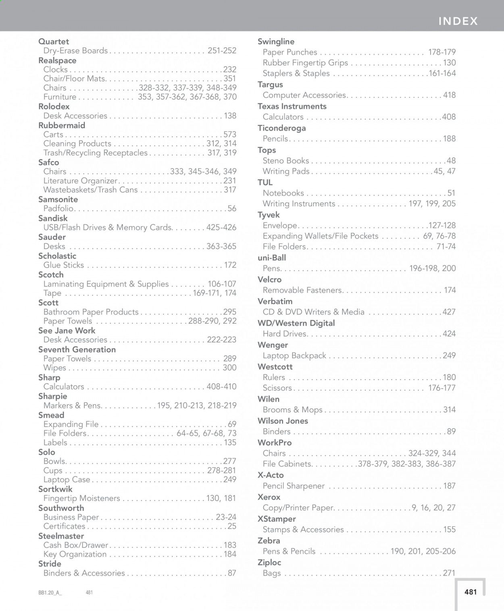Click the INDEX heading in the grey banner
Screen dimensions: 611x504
coord(458,21)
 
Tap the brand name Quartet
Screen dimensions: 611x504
coord(54,42)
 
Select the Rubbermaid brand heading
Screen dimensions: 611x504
coord(62,125)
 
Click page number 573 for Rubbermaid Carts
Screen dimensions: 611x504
coord(229,135)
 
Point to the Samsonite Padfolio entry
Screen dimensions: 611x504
coord(59,209)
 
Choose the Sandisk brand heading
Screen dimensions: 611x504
coord(53,218)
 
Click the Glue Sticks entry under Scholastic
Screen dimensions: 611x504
coord(64,265)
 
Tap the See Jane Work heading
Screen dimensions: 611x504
coord(67,330)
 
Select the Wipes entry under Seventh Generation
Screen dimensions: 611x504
coord(55,368)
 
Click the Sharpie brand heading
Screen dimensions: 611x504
coord(53,396)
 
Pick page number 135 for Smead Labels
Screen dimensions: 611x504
coord(230,443)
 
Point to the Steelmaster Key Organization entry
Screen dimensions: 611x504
coord(75,554)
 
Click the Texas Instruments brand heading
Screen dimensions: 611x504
coord(292,106)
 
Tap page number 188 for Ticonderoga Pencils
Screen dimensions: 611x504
coord(449,139)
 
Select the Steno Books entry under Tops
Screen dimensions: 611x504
coord(286,160)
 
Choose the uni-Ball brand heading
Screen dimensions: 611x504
coord(272,258)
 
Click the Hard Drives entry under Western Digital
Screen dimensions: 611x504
coord(285,334)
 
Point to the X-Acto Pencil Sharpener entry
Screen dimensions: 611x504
coord(294,486)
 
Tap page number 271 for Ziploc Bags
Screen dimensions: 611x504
coord(449,573)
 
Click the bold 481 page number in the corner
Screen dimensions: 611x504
coord(471,592)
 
